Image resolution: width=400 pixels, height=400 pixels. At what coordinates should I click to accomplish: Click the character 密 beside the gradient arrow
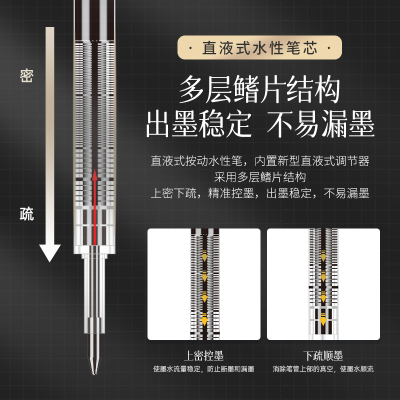tap(26, 75)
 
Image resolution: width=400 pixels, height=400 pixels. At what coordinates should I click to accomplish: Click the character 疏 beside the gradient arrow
tap(26, 214)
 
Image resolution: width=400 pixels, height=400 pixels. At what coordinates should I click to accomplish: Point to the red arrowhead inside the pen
tap(94, 174)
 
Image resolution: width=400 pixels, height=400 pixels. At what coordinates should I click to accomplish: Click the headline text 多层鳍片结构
tap(259, 90)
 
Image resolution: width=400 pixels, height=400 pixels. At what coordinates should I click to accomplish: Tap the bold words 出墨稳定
tap(199, 124)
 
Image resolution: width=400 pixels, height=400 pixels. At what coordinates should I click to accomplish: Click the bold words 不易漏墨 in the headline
tap(320, 124)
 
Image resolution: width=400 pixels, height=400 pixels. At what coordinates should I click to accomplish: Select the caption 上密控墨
tap(203, 356)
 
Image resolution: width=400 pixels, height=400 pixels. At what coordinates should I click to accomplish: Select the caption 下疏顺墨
tap(323, 356)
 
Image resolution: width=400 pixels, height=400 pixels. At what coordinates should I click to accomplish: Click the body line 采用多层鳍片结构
tap(259, 177)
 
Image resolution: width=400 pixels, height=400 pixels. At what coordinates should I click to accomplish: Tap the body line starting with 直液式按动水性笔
tap(259, 161)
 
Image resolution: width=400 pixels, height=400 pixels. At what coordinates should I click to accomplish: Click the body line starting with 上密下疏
tap(259, 193)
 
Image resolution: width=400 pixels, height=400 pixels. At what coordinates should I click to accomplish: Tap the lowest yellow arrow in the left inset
tap(204, 318)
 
